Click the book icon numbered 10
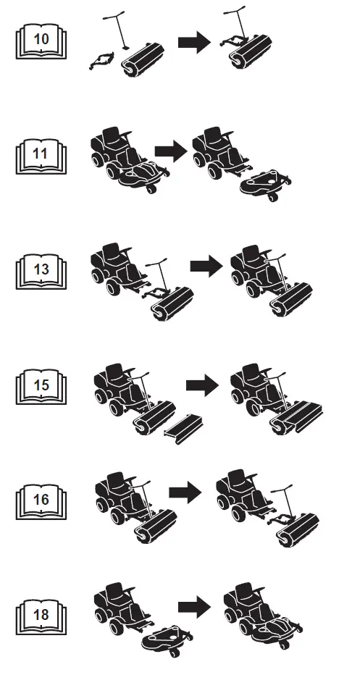point(41,42)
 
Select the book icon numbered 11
point(41,156)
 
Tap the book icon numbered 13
point(41,272)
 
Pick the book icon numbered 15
point(41,387)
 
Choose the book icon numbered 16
point(41,501)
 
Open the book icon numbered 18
point(41,617)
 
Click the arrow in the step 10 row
point(195,42)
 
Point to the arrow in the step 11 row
point(171,151)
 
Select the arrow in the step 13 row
point(206,266)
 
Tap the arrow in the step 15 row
point(202,385)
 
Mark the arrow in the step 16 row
point(185,492)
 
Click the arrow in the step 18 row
point(195,607)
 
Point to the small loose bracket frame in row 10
point(102,60)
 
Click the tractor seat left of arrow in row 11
point(111,136)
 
